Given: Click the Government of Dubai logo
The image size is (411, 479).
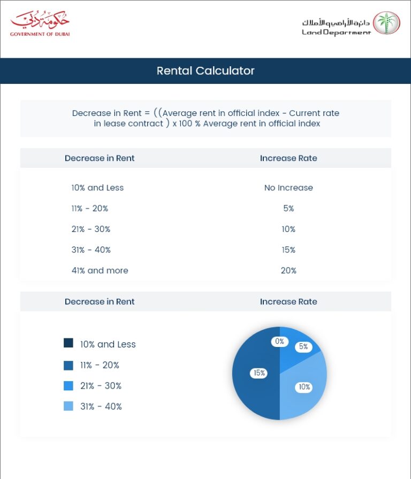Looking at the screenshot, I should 40,24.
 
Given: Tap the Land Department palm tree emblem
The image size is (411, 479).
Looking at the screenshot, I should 386,24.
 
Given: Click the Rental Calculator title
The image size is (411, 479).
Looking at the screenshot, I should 205,71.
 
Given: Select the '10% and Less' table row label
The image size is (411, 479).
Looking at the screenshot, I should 97,188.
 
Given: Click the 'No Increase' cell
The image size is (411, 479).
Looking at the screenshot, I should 288,188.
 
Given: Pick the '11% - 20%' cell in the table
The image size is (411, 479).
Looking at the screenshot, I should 89,208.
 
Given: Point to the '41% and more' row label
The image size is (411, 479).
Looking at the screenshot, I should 100,271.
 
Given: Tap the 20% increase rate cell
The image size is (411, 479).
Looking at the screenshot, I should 288,271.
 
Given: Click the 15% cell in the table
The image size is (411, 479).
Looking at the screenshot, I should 288,250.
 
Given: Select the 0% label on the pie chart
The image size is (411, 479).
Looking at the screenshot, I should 279,342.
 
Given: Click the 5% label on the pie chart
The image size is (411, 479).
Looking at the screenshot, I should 303,346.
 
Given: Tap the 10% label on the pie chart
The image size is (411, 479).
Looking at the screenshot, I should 304,387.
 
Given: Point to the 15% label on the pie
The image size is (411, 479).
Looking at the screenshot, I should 260,373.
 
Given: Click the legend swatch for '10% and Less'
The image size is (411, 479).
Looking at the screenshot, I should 68,343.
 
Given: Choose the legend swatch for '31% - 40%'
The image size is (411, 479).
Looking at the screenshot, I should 68,406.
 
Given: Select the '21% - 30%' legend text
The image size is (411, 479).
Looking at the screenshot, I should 101,386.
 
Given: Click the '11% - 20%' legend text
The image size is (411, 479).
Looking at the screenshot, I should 100,365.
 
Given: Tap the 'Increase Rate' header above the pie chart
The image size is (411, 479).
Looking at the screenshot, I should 288,302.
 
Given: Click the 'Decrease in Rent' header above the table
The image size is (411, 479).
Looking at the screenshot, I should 100,158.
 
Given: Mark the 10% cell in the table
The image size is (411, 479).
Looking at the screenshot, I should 288,229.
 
